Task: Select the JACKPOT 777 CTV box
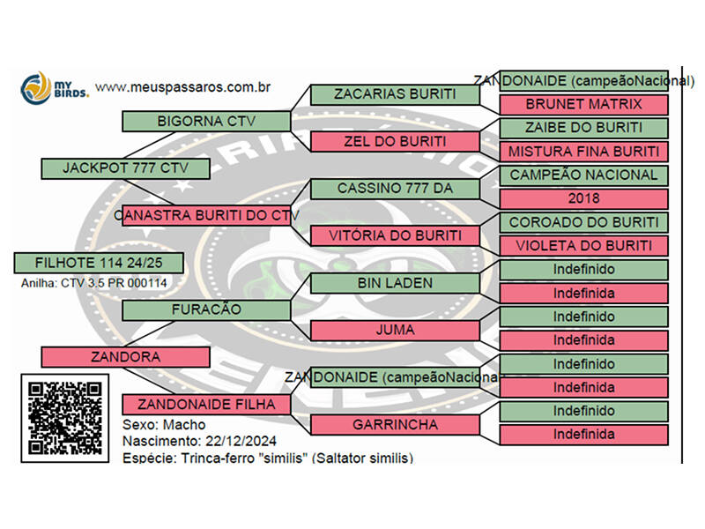125,168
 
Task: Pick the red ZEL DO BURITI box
395,141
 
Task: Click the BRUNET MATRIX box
583,104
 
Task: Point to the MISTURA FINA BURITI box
583,151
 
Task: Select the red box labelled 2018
583,198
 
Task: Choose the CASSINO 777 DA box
395,189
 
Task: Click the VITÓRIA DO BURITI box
395,235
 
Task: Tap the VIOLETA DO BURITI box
583,245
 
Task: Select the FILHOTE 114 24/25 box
99,263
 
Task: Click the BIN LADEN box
395,283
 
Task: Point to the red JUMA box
395,331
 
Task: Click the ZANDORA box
125,357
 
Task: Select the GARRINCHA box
395,424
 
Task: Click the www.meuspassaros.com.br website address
182,87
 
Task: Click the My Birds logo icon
35,87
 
